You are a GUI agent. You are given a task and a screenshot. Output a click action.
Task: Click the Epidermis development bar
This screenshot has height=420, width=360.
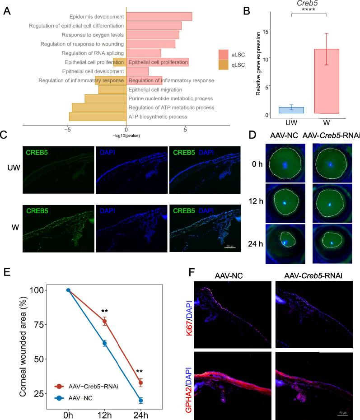(x=159, y=17)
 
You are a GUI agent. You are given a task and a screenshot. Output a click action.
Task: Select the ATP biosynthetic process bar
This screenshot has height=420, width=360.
(x=98, y=117)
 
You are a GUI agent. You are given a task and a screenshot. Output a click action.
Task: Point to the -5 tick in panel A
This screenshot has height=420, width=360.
(x=67, y=130)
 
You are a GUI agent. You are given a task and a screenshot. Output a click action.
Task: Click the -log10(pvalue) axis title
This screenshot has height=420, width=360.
(x=126, y=135)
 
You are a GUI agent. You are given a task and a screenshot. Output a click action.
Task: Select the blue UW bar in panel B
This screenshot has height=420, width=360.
(x=291, y=110)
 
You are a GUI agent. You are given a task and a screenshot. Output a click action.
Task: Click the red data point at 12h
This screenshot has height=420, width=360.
(x=104, y=321)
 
